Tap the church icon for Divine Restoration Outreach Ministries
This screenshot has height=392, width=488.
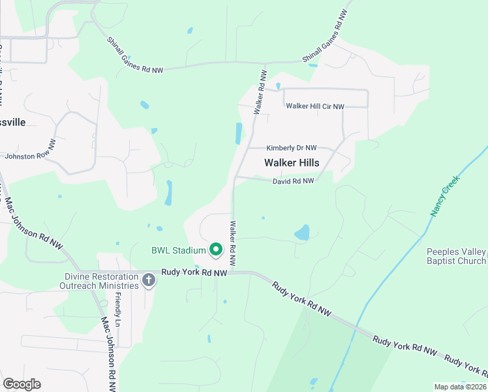[149, 281]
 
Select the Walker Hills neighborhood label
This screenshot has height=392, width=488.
[292, 163]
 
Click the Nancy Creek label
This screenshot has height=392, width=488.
[446, 195]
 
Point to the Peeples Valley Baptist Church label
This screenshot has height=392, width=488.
[457, 257]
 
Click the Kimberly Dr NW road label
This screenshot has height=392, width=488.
[291, 148]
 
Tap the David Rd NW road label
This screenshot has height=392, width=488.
[293, 181]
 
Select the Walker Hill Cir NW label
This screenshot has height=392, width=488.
[315, 106]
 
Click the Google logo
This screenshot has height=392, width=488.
[22, 384]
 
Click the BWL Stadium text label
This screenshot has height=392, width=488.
[178, 250]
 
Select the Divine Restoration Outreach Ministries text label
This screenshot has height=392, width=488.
[99, 281]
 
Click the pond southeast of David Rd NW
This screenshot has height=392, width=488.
[302, 233]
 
